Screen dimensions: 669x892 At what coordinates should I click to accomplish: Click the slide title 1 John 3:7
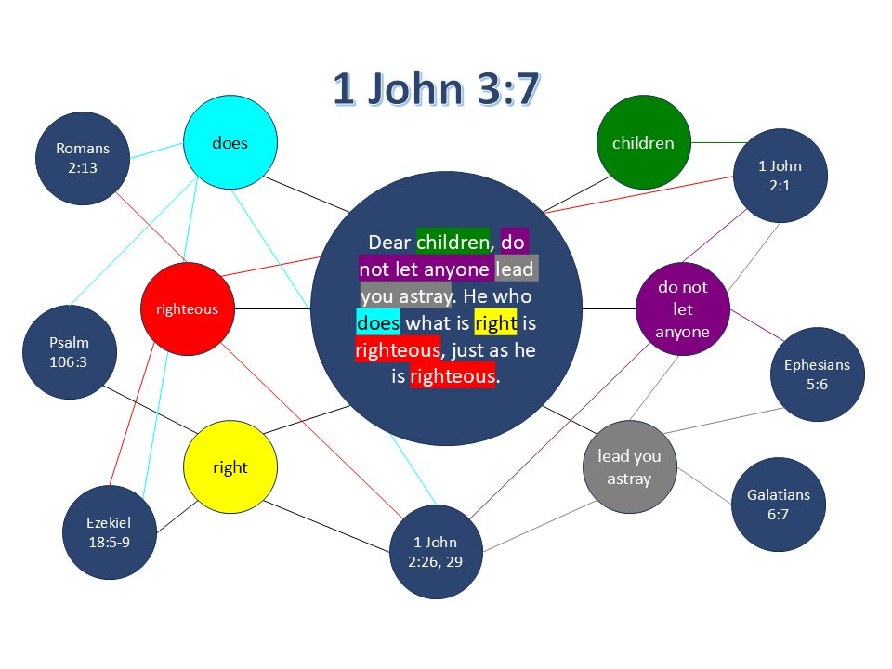point(436,90)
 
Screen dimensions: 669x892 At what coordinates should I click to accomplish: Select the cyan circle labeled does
point(230,143)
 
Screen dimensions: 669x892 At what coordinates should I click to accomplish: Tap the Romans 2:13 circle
point(82,158)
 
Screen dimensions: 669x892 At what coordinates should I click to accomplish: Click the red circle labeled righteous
point(186,308)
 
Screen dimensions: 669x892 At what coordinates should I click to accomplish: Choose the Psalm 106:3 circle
point(69,351)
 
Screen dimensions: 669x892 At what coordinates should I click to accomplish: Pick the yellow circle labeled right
point(230,466)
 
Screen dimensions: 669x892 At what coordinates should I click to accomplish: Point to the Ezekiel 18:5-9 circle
point(110,532)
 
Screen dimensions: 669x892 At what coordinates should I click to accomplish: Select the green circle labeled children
point(643,142)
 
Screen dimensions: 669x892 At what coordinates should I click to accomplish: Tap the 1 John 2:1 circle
point(780,176)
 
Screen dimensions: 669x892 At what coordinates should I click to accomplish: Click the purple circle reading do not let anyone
point(683,309)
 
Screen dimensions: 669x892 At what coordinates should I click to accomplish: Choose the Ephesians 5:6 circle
point(817,374)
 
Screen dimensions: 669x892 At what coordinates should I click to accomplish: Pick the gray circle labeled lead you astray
point(629,467)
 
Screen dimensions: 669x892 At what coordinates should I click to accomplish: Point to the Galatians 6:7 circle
point(778,505)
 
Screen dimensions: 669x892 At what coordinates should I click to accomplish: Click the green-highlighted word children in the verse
point(453,243)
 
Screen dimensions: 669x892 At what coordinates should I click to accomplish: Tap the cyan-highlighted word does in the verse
point(378,323)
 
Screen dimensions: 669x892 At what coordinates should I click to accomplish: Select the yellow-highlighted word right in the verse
point(495,323)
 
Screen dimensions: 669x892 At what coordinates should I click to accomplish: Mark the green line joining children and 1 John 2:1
point(721,143)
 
